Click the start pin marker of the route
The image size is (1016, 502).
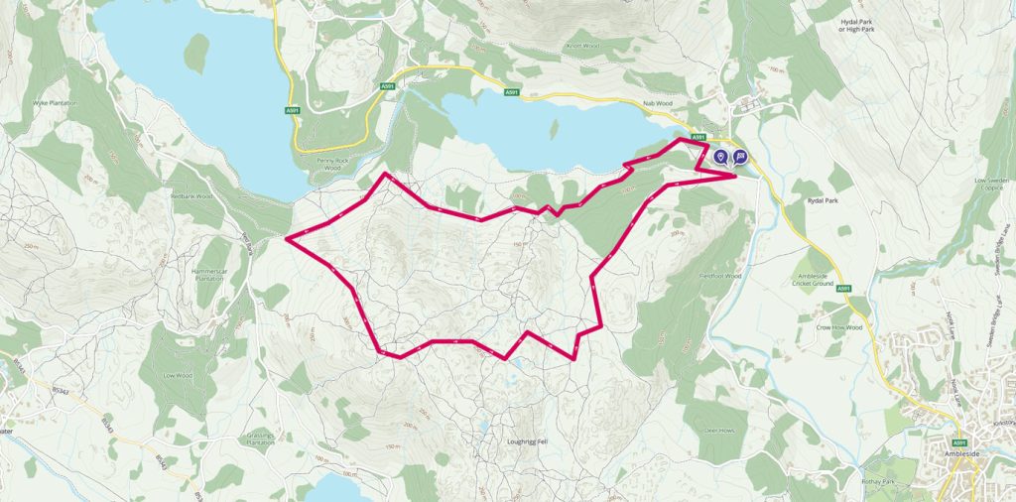[721, 156]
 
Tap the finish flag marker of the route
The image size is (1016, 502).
[740, 156]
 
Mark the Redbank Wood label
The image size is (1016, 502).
[191, 196]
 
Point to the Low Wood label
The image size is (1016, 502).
[177, 376]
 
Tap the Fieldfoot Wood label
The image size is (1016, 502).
[720, 275]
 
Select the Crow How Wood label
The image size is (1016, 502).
[837, 326]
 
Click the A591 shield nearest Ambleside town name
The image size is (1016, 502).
[959, 441]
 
